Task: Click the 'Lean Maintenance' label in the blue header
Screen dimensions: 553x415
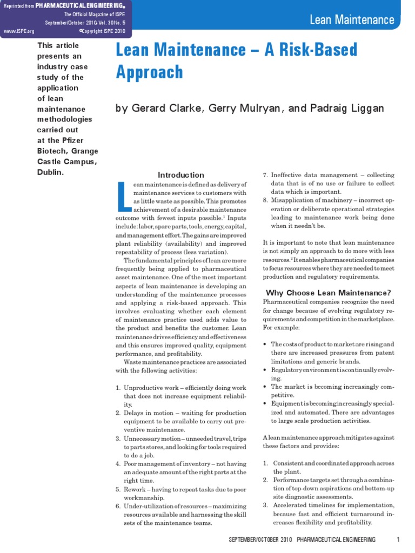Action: point(352,21)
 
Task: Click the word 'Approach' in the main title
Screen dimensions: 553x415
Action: point(150,72)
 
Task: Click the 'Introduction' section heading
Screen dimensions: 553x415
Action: point(181,175)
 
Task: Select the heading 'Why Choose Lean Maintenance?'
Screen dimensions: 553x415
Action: point(328,293)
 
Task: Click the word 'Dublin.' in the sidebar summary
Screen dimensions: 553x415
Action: point(50,172)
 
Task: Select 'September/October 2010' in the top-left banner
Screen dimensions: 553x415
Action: point(84,23)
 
